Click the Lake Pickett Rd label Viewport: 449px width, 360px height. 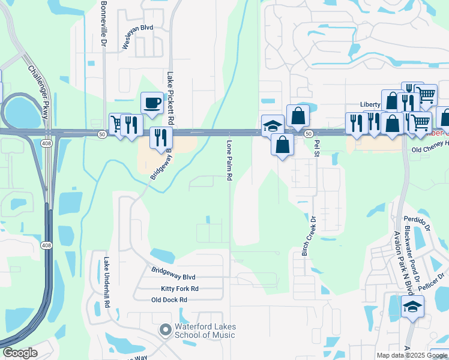click(x=170, y=99)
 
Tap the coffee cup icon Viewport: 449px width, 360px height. click(x=152, y=103)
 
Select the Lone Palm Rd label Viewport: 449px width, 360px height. click(x=229, y=161)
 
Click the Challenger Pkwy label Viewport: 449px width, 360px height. click(x=38, y=90)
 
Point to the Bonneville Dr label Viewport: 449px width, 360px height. click(x=103, y=25)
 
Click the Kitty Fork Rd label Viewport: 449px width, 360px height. click(x=175, y=289)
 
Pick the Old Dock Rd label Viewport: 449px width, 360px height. click(x=169, y=300)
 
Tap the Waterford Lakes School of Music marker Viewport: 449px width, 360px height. click(x=165, y=330)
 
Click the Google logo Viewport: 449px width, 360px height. click(x=20, y=353)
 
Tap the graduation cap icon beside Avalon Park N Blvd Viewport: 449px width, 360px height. click(x=412, y=307)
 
